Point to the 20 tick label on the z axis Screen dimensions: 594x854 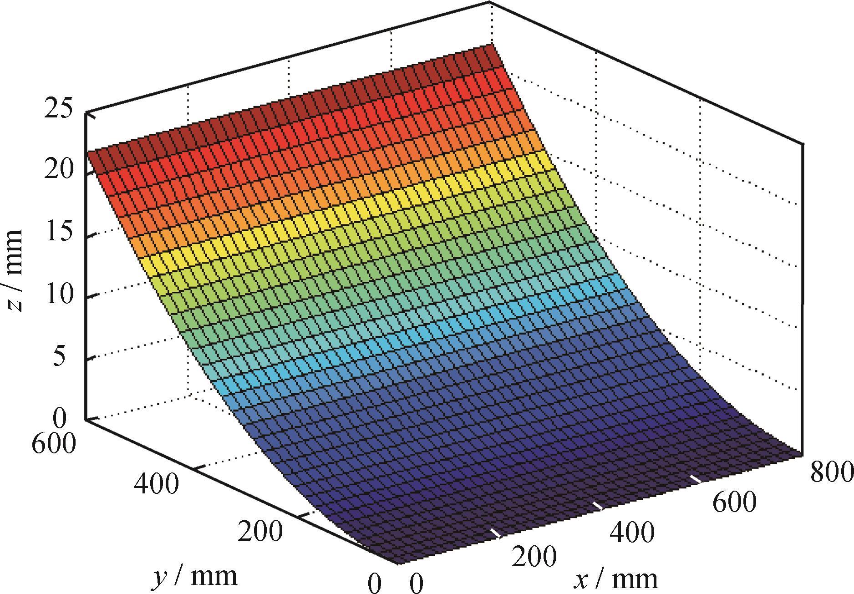pyautogui.click(x=58, y=171)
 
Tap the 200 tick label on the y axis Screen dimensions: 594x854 pyautogui.click(x=260, y=531)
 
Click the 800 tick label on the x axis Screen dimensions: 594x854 pyautogui.click(x=831, y=472)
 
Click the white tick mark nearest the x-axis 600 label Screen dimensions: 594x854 pyautogui.click(x=695, y=479)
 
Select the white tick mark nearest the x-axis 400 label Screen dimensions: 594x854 pyautogui.click(x=597, y=506)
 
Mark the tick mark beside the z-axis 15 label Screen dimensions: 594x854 pyautogui.click(x=90, y=235)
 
